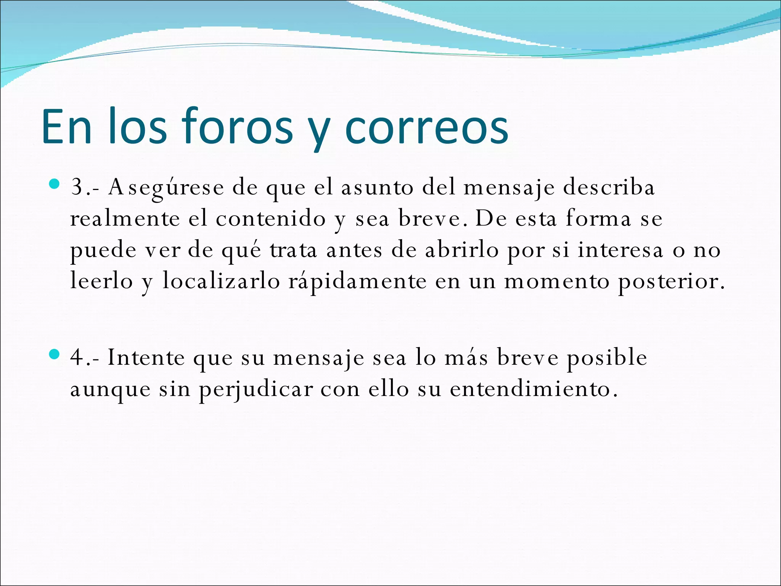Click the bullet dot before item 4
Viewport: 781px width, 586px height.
point(55,355)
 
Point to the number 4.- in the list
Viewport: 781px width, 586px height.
point(85,358)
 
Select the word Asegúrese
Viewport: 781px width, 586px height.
point(166,188)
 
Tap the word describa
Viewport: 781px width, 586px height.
point(609,188)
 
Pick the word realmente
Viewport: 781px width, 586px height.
point(125,219)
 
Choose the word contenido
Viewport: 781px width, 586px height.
point(271,219)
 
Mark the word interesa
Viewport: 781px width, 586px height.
point(620,251)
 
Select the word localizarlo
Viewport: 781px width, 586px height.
point(221,282)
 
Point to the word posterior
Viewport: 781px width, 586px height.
point(671,282)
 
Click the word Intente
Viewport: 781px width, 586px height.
point(146,358)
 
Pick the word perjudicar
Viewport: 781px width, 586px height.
point(256,390)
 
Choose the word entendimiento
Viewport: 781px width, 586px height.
point(534,390)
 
